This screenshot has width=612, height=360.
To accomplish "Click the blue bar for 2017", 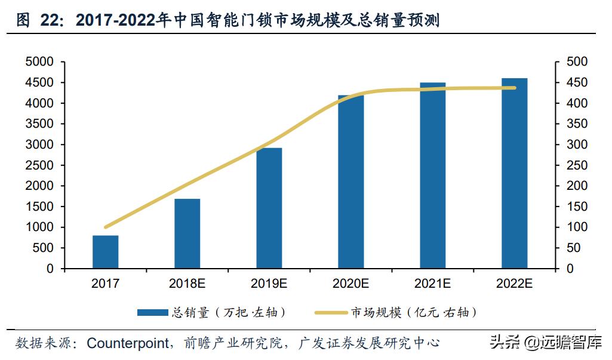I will point(105,252).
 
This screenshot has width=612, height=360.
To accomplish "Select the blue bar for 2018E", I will point(187,233).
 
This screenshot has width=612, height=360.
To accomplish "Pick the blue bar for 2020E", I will point(350,181).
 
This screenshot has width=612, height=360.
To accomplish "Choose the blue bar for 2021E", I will point(432,176).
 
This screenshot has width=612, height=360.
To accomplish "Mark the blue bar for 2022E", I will point(514,173).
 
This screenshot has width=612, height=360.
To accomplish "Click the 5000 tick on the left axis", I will point(39,62).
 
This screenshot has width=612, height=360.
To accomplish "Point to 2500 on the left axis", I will point(39,165).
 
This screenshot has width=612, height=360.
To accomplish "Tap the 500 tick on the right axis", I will point(577,62).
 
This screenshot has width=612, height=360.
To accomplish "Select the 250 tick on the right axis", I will point(577,165).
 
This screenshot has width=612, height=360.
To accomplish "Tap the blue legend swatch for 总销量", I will point(153,312).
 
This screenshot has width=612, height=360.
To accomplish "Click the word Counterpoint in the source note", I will point(127,343).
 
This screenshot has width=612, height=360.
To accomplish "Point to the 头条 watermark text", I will point(503,343).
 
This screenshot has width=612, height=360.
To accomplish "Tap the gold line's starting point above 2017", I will point(106,227).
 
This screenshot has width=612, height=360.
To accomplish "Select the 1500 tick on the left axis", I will point(39,207).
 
